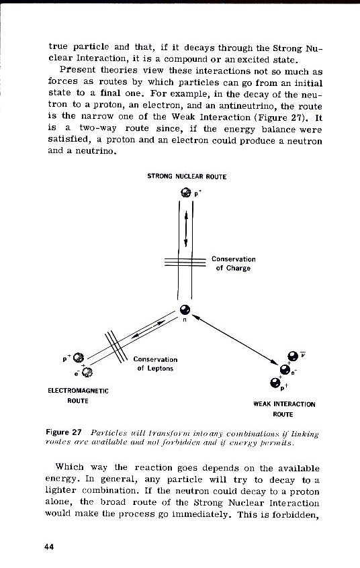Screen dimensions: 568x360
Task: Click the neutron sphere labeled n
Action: (184, 310)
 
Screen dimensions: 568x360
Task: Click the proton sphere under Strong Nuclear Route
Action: (186, 193)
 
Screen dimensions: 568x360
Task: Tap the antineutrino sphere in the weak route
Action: (292, 357)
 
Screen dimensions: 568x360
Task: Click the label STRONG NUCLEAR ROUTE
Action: (187, 177)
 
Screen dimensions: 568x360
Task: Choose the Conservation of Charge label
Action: (233, 263)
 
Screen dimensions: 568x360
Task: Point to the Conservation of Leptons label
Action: (155, 363)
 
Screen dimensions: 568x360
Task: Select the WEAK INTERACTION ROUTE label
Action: (284, 409)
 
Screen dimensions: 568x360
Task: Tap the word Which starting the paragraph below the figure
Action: (69, 467)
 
